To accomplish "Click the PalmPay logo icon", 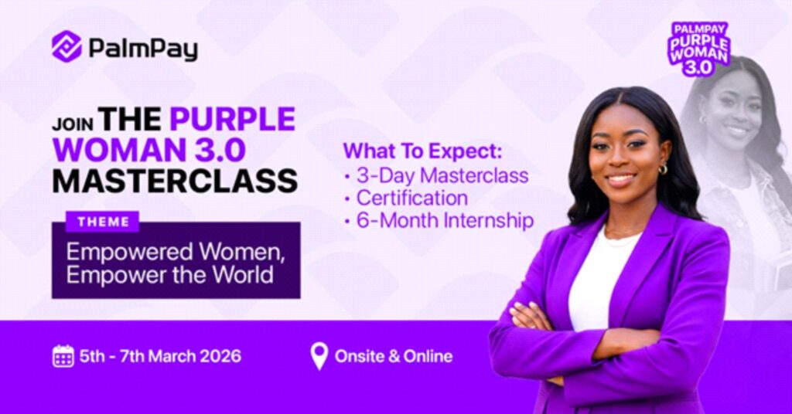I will pos(67,46).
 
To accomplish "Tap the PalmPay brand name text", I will pos(143,49).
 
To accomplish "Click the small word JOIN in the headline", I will pos(72,124).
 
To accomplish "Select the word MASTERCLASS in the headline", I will pos(175,180).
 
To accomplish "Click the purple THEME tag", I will pos(103,222).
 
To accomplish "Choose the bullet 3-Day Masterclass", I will pos(442,175).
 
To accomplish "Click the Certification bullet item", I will pos(412,198).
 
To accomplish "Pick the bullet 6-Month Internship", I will pos(445,221).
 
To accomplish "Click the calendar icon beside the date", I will pos(63,356).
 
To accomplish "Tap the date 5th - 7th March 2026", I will pos(160,357).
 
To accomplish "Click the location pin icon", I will pos(319,356).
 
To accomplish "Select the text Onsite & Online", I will pos(393,357).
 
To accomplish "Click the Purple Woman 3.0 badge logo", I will pos(699,49).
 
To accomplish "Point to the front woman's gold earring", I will pos(663,169).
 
